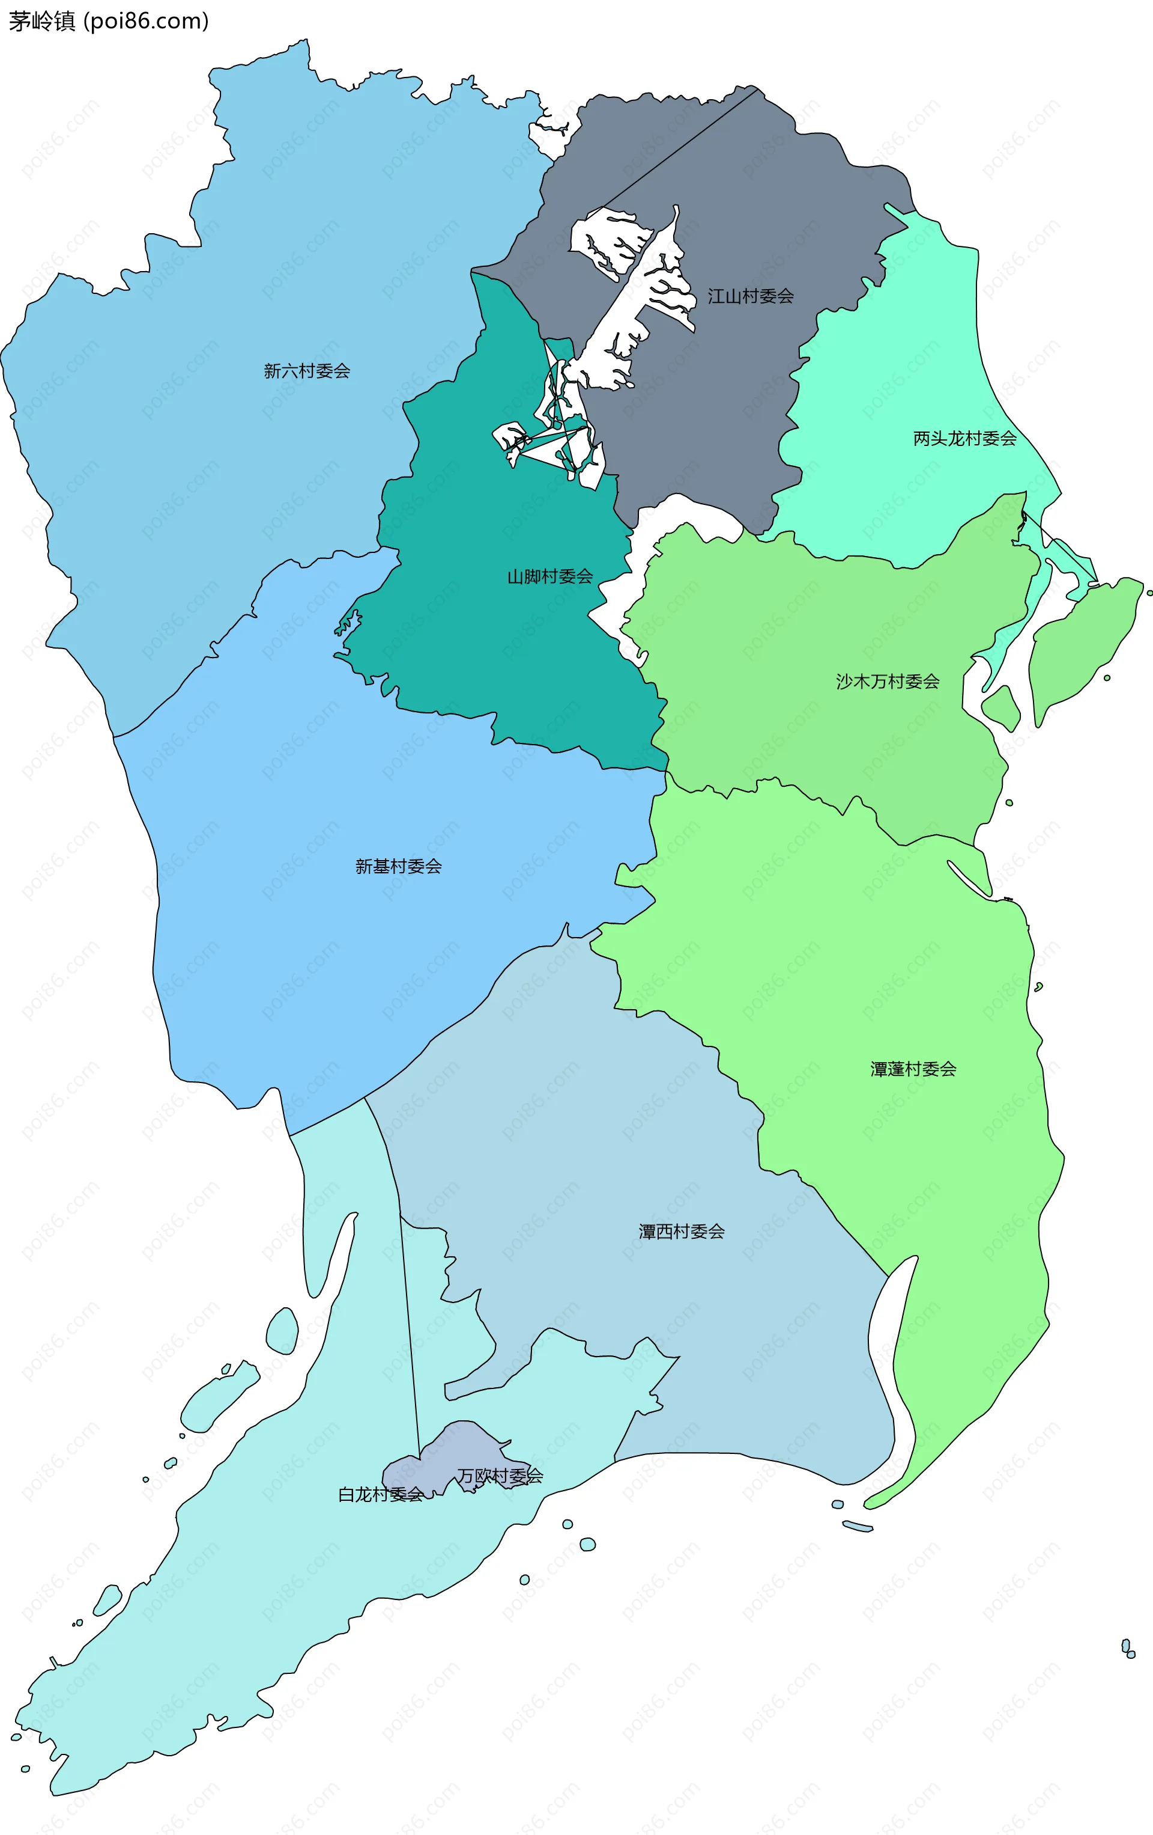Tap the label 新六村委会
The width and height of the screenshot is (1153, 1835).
click(x=307, y=371)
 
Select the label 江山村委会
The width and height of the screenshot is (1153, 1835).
click(x=750, y=296)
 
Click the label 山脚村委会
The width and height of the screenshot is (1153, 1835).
click(x=550, y=576)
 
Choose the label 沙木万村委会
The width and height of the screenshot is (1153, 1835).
click(x=887, y=681)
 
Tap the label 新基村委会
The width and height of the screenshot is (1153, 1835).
click(x=398, y=867)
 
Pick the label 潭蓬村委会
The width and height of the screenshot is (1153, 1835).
click(x=913, y=1069)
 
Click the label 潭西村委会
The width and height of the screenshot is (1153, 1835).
click(x=682, y=1232)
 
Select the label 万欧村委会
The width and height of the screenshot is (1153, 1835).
click(x=500, y=1476)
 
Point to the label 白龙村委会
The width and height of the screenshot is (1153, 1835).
click(x=380, y=1494)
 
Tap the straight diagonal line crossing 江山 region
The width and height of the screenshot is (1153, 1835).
click(x=678, y=149)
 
